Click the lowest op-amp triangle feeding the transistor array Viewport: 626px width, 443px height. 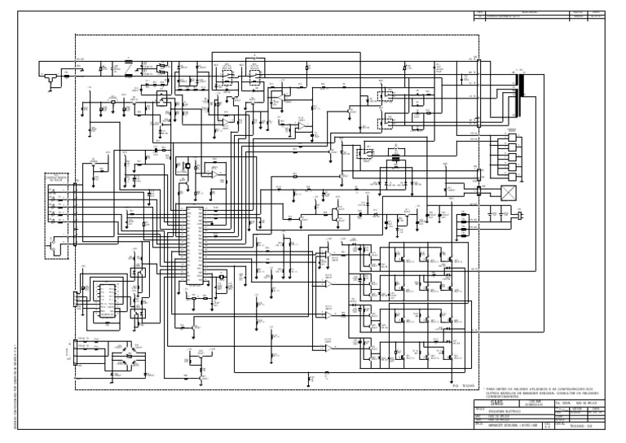coord(328,349)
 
